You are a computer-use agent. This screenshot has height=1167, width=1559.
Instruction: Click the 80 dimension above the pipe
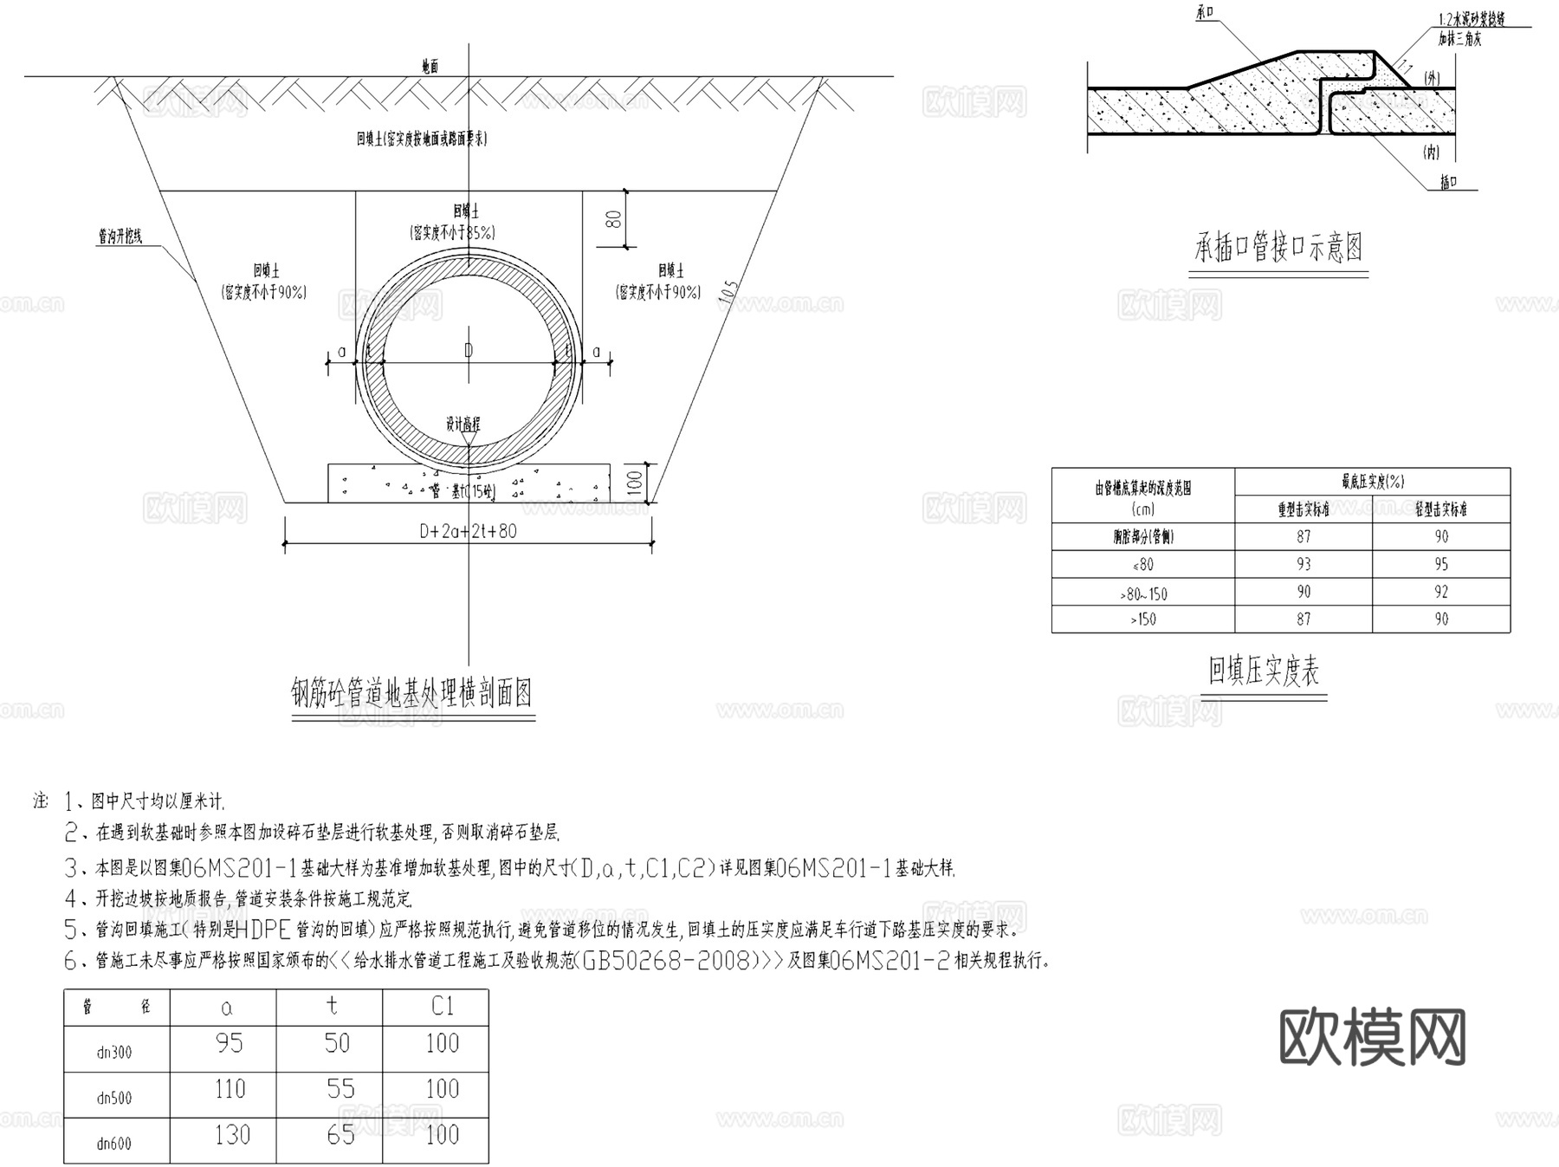tap(614, 218)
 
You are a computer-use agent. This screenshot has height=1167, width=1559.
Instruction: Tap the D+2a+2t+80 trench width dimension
tap(468, 531)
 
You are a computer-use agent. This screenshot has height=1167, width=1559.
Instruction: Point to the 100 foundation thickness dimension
tap(635, 482)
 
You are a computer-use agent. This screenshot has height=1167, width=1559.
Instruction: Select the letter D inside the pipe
tap(469, 350)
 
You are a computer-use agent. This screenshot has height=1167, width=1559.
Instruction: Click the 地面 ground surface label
tap(430, 67)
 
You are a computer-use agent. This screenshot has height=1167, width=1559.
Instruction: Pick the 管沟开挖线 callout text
tap(120, 237)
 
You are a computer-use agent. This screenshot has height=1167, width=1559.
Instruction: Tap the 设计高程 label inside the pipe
tap(463, 425)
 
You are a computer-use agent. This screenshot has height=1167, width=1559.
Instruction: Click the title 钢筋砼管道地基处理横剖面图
tap(411, 693)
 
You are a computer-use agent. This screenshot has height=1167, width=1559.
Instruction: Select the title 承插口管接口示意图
tap(1278, 249)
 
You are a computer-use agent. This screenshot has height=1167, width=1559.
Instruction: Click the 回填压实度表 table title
tap(1264, 671)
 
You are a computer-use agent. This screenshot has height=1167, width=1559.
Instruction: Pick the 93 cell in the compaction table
tap(1303, 565)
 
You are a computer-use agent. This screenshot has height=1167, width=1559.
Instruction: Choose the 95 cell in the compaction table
tap(1441, 565)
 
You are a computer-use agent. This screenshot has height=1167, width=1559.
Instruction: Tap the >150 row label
tap(1142, 619)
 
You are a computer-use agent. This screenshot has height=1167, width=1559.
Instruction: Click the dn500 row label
tap(114, 1099)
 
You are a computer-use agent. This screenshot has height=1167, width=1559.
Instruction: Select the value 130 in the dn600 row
tap(232, 1135)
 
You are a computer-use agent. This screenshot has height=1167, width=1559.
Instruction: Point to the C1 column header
tap(442, 1007)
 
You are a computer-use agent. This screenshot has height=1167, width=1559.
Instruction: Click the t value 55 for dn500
tap(340, 1089)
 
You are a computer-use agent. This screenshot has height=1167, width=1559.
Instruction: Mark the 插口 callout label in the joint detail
tap(1447, 183)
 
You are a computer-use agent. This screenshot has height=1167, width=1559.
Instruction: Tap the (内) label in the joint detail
tap(1432, 152)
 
